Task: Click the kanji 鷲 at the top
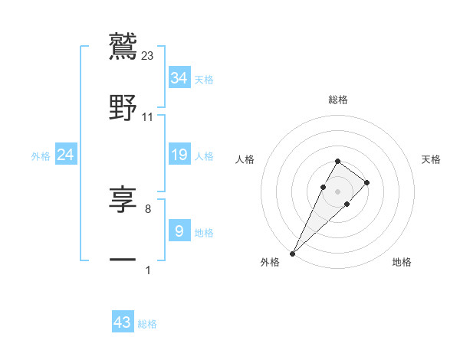click(123, 47)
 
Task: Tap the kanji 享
click(123, 201)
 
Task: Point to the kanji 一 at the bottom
click(123, 260)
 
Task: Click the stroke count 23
click(148, 56)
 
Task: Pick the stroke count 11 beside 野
click(148, 117)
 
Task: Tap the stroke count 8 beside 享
click(148, 208)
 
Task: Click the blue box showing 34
click(179, 77)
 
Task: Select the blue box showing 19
click(179, 155)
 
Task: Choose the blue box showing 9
click(179, 231)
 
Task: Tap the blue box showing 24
click(66, 155)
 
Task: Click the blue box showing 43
click(123, 322)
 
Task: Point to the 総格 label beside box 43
click(147, 324)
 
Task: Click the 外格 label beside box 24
click(41, 156)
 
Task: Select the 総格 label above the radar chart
click(338, 100)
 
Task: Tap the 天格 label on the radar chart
click(432, 159)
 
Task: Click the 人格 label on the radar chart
click(245, 159)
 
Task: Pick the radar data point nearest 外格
click(293, 252)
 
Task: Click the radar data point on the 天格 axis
click(367, 182)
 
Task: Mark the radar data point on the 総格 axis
click(338, 161)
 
